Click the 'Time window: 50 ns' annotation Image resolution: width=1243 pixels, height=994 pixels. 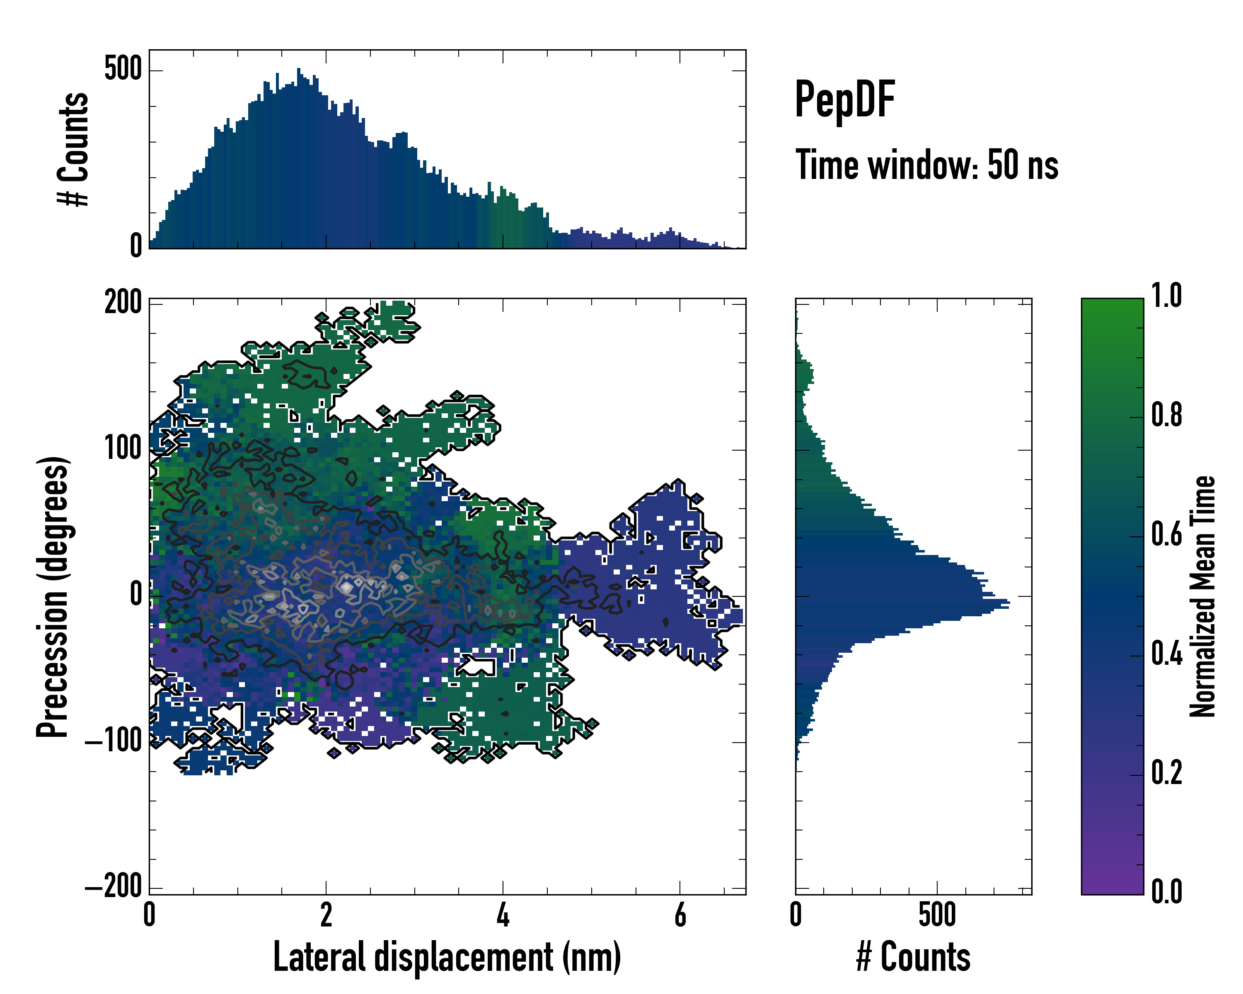pos(926,165)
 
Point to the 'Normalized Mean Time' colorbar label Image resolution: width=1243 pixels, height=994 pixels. pos(1202,596)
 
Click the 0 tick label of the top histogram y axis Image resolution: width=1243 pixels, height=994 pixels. pos(136,246)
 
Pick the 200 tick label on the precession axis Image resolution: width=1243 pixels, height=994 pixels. pos(123,302)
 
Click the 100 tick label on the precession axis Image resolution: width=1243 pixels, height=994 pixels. pos(123,448)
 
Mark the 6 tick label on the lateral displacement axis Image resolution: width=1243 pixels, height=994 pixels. pos(680,915)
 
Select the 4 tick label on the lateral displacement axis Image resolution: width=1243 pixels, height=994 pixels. pos(503,915)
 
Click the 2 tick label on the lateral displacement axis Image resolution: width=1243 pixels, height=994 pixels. pos(326,915)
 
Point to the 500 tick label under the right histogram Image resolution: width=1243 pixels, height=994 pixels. pos(937,915)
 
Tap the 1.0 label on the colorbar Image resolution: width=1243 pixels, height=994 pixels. pos(1166,296)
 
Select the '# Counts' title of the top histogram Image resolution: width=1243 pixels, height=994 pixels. pos(74,149)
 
